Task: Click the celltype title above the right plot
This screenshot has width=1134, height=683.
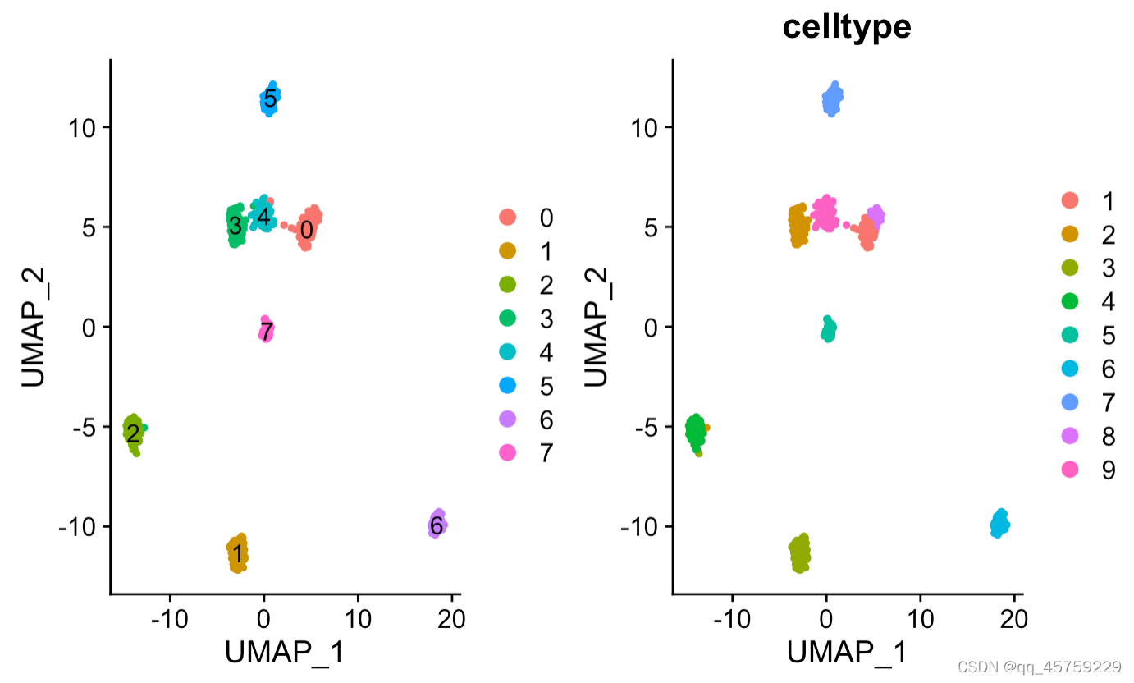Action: pos(846,27)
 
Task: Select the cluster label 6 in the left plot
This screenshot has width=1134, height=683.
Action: pos(437,525)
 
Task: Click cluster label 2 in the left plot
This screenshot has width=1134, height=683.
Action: pos(132,434)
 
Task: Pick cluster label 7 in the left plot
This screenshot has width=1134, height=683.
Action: pos(267,332)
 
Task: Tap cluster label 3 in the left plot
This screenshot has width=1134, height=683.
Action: pos(235,225)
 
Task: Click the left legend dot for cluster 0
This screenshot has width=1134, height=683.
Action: pos(507,218)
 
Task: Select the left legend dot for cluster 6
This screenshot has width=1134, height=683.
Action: pos(507,419)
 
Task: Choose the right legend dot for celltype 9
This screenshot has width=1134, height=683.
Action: pos(1069,470)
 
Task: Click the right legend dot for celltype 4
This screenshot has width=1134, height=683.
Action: pos(1069,301)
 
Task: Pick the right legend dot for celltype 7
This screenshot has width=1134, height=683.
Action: pos(1069,402)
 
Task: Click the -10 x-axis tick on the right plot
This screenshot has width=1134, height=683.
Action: pos(732,617)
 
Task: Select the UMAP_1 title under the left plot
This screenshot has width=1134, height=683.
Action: pos(284,653)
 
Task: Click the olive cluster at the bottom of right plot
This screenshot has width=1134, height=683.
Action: pos(799,552)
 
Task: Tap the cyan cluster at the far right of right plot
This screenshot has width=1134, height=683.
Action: pos(999,523)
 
